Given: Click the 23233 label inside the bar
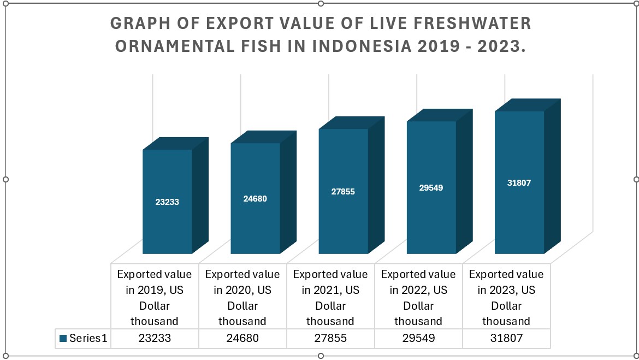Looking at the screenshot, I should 167,202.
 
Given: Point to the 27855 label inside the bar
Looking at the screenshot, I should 343,192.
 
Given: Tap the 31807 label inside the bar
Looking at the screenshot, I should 519,183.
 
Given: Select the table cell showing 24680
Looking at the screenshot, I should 242,338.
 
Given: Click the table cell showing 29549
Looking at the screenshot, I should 418,338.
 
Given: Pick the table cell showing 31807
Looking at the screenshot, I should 506,338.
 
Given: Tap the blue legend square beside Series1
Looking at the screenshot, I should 63,338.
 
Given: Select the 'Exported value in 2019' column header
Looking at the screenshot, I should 155,297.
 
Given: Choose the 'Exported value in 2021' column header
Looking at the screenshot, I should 330,297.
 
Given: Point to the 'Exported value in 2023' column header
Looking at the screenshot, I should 506,297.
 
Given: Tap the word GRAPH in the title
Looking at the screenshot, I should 135,23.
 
